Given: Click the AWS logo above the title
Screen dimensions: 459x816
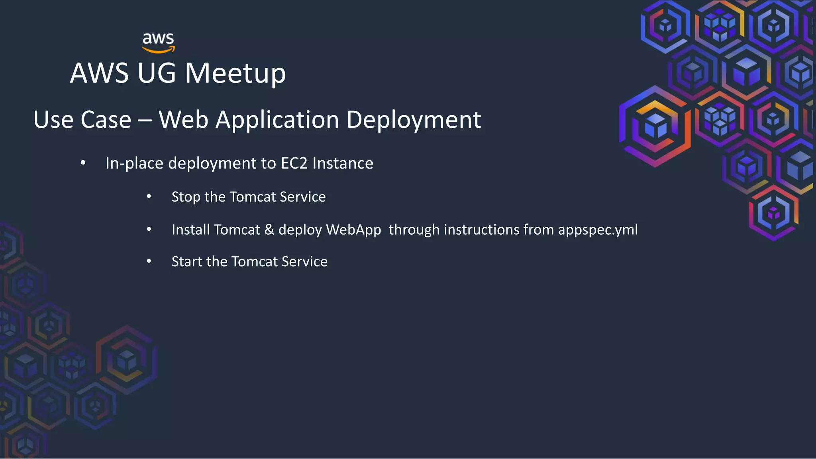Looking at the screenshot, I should [159, 43].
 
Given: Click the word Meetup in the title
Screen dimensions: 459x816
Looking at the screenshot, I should [235, 73].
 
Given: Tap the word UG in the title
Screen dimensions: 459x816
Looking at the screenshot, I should [156, 73].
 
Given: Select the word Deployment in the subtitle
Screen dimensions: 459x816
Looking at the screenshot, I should [414, 120].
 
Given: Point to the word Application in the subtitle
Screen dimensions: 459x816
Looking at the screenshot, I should [277, 120].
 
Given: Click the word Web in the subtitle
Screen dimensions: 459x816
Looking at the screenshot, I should [183, 120].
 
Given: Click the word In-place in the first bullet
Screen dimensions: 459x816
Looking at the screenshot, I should [134, 163].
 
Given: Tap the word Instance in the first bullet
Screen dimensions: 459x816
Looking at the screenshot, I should [343, 163].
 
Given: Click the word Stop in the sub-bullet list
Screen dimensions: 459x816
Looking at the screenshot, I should [186, 197].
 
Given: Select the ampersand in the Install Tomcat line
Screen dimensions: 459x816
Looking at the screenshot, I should [269, 230].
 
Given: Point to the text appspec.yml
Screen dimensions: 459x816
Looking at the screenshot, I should [598, 230].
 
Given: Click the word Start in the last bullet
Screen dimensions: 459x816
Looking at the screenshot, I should [186, 262].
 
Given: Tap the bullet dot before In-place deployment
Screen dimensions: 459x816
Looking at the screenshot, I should [83, 163].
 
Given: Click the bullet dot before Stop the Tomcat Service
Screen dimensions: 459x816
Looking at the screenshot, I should [149, 196].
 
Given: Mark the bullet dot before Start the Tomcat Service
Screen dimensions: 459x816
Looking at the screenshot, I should [149, 261].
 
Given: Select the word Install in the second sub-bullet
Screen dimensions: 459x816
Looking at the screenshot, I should [190, 230].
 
